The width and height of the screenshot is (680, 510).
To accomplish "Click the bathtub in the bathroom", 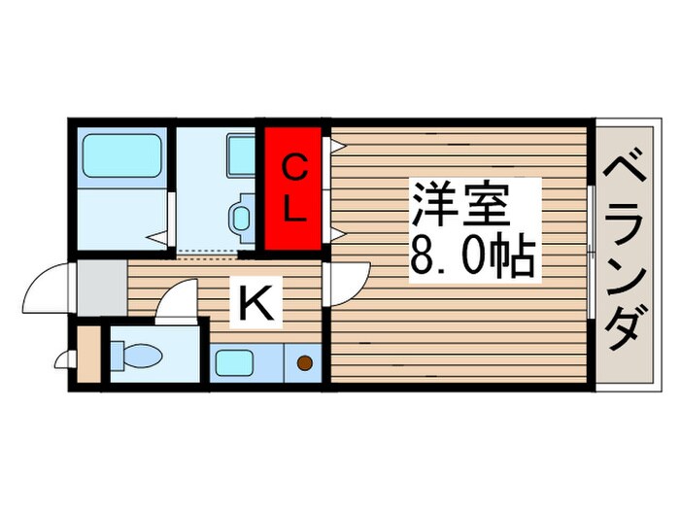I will (x=119, y=153).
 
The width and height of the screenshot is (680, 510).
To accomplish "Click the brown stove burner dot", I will (x=303, y=364).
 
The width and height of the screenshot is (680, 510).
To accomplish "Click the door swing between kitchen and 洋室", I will (x=345, y=283).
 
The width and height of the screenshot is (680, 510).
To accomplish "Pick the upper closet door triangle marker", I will (x=336, y=147).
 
